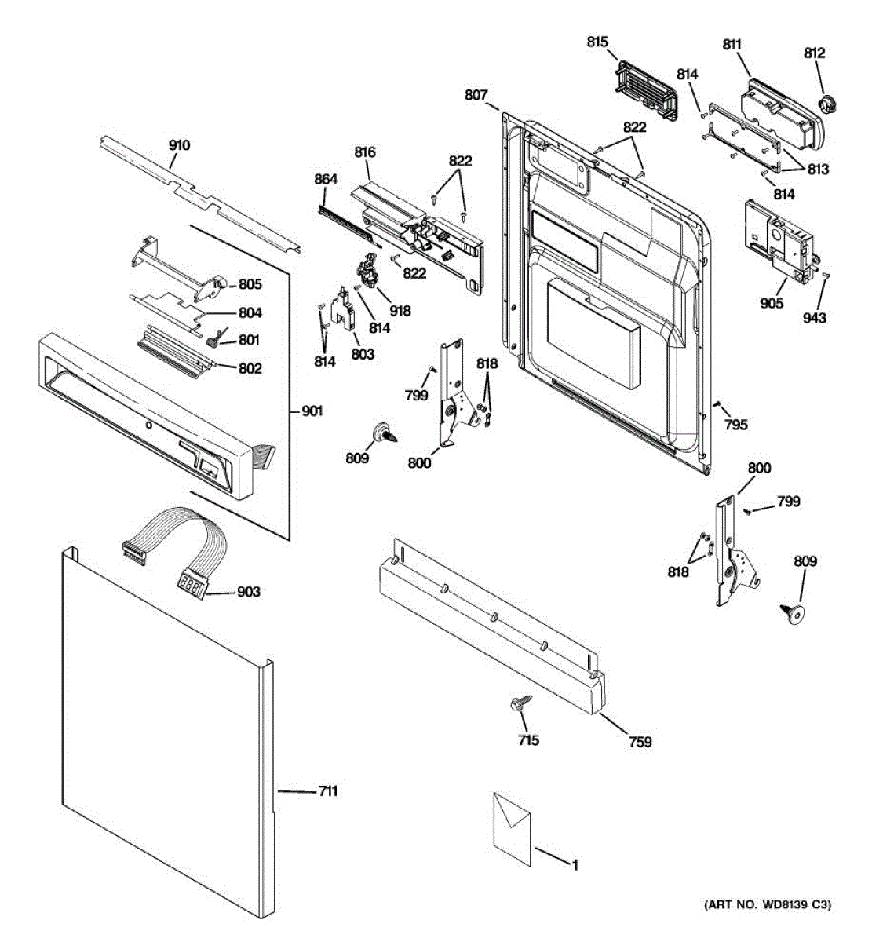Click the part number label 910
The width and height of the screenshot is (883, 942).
179,145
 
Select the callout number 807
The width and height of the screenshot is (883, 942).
476,95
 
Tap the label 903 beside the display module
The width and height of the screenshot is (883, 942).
249,592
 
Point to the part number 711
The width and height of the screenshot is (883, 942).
327,791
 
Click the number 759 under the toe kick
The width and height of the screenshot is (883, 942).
640,741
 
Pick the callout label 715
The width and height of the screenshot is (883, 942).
528,739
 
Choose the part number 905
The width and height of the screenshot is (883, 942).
772,303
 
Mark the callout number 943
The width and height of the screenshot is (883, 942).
815,318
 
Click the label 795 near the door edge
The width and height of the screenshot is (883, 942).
735,425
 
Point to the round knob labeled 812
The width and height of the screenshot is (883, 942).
826,103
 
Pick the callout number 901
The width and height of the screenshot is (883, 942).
312,411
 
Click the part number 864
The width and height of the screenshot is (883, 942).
325,180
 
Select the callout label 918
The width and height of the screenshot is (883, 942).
400,311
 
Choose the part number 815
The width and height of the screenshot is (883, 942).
597,42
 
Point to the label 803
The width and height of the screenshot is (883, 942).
363,354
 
